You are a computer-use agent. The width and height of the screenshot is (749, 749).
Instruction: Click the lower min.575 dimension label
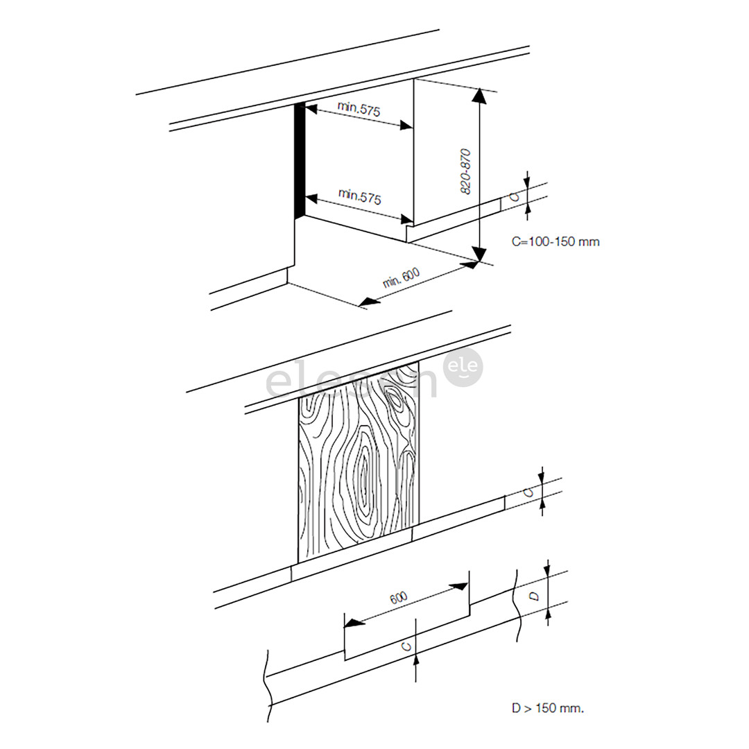359,196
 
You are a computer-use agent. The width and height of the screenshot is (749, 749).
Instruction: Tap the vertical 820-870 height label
466,171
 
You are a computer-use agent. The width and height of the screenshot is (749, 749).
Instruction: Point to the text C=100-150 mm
555,241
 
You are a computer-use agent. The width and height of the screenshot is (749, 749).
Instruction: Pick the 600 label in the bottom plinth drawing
399,598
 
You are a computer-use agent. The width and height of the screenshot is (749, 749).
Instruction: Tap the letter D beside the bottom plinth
533,596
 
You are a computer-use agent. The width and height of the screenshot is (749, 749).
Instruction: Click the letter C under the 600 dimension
407,646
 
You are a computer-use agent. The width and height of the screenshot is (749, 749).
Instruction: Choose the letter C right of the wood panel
528,492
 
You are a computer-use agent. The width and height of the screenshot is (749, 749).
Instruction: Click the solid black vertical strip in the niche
300,160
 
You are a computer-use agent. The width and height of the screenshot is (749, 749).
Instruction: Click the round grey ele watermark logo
461,367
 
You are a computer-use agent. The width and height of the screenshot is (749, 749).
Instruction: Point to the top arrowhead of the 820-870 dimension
478,96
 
